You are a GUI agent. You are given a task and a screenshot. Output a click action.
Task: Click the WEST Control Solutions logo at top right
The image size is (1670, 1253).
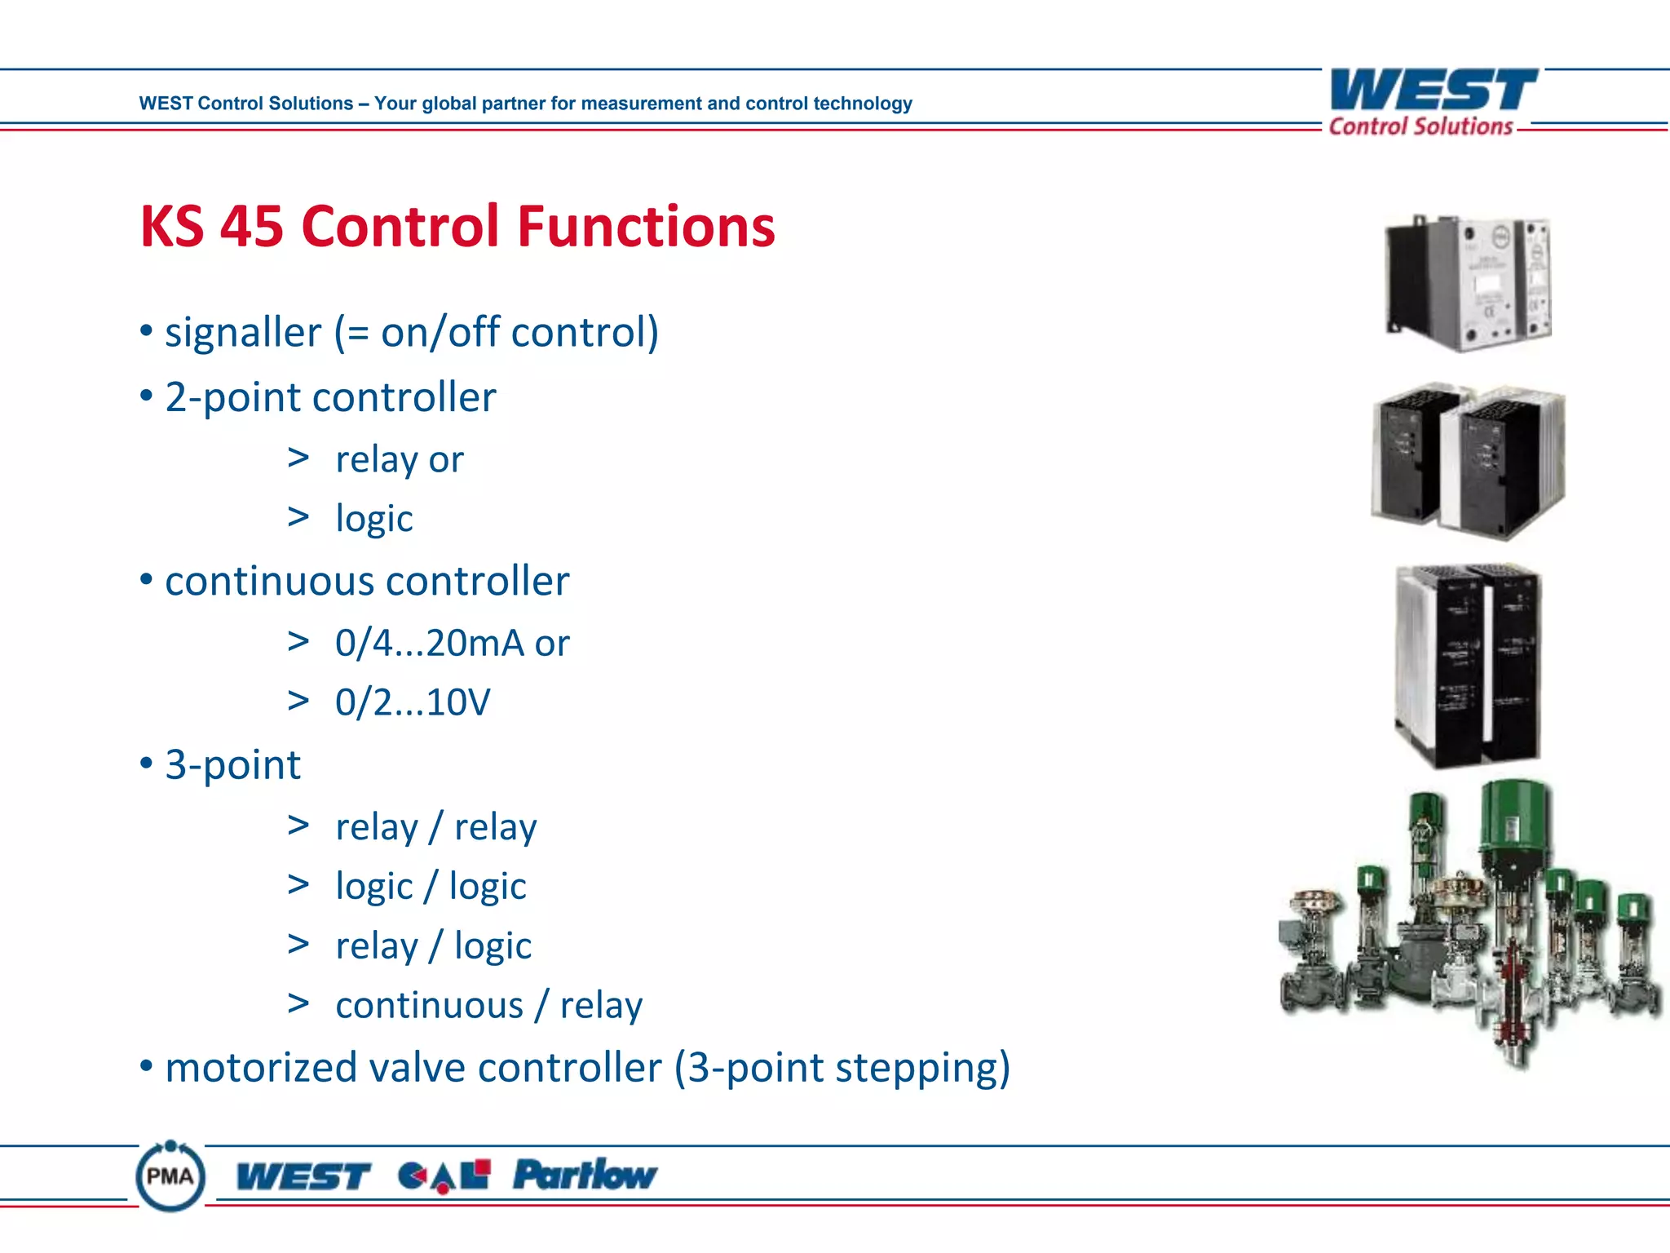tap(1433, 101)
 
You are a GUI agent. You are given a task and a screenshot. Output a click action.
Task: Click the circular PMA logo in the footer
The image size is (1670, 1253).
tap(170, 1176)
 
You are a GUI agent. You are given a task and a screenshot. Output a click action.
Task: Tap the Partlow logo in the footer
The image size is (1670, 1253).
tap(585, 1175)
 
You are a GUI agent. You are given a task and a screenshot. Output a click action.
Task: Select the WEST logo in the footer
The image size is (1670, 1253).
tap(303, 1176)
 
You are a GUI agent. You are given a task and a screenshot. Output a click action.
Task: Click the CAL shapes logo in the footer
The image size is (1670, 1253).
tap(444, 1176)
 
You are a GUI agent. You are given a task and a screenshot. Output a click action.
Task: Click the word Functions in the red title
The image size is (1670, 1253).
tap(646, 226)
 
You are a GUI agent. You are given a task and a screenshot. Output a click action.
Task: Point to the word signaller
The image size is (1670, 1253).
tap(243, 333)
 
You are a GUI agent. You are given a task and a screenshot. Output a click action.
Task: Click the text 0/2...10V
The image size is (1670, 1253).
tap(413, 702)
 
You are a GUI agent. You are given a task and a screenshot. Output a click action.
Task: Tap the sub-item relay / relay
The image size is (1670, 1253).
tap(435, 827)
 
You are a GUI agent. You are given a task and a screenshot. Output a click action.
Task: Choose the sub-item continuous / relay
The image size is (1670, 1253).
tap(488, 1005)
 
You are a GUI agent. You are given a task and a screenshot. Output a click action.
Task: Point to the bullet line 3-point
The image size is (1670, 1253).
tap(232, 765)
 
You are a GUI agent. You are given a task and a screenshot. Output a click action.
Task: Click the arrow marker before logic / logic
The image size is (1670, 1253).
tap(298, 884)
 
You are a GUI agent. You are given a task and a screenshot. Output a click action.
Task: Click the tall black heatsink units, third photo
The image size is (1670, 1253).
tap(1468, 665)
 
